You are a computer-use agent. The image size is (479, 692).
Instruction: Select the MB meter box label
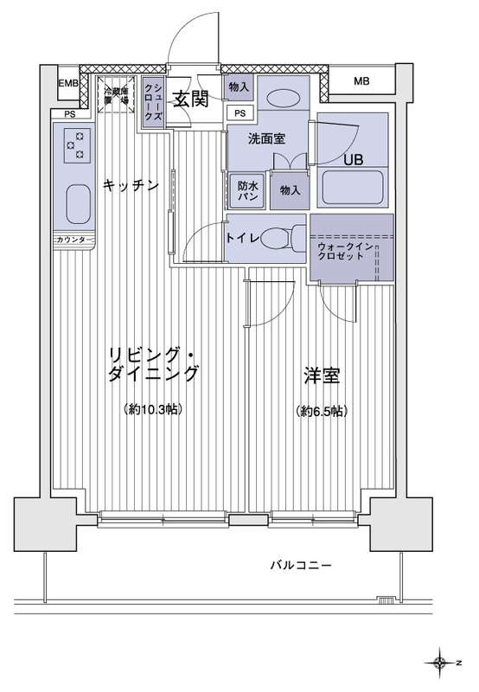pos(361,83)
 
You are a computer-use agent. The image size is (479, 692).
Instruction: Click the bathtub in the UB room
pos(352,189)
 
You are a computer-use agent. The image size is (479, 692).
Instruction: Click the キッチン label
pos(131,183)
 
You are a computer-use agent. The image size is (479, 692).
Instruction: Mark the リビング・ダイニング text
pos(154,364)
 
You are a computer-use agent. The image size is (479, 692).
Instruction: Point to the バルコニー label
pos(300,566)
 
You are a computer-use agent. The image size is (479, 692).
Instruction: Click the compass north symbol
pos(441,663)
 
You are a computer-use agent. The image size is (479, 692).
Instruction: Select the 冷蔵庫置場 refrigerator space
pos(117,96)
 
